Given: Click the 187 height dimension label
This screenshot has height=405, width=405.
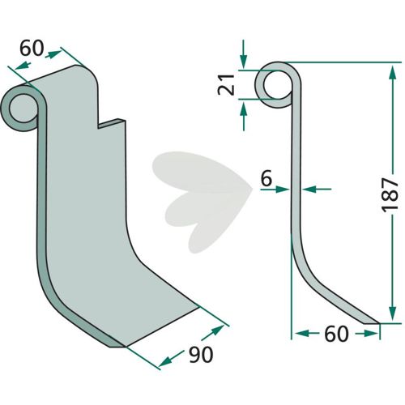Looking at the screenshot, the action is point(390,194).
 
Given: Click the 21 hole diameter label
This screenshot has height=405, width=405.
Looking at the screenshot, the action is point(226,84).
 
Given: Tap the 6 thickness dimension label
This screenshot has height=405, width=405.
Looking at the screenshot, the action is point(266,179).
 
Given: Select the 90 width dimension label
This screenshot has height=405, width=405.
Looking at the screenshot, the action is point(201,355).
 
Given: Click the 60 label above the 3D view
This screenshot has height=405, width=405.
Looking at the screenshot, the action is point(32,48).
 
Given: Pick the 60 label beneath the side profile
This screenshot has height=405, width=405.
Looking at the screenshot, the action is point(336,334).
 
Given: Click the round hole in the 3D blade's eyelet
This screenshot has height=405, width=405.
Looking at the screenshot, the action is point(23,109).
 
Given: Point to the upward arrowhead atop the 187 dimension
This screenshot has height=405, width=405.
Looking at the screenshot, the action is point(393,71).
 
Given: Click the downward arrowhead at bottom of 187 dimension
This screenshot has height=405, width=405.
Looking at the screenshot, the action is point(393,313).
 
